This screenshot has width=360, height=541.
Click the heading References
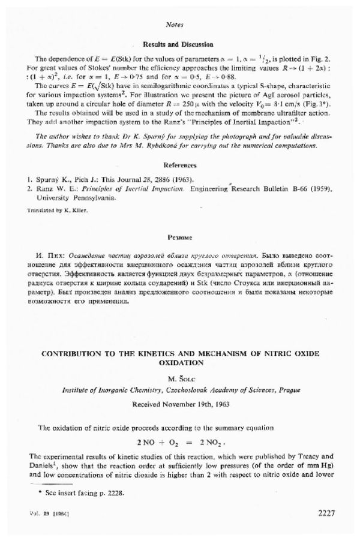coord(179,164)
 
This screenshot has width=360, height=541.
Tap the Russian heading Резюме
coord(179,238)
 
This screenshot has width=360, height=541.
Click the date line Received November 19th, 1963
coord(179,403)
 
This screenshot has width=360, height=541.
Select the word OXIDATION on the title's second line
coord(179,363)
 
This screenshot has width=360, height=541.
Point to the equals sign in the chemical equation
coord(185,441)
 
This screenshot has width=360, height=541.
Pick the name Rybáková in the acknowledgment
coord(168,145)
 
